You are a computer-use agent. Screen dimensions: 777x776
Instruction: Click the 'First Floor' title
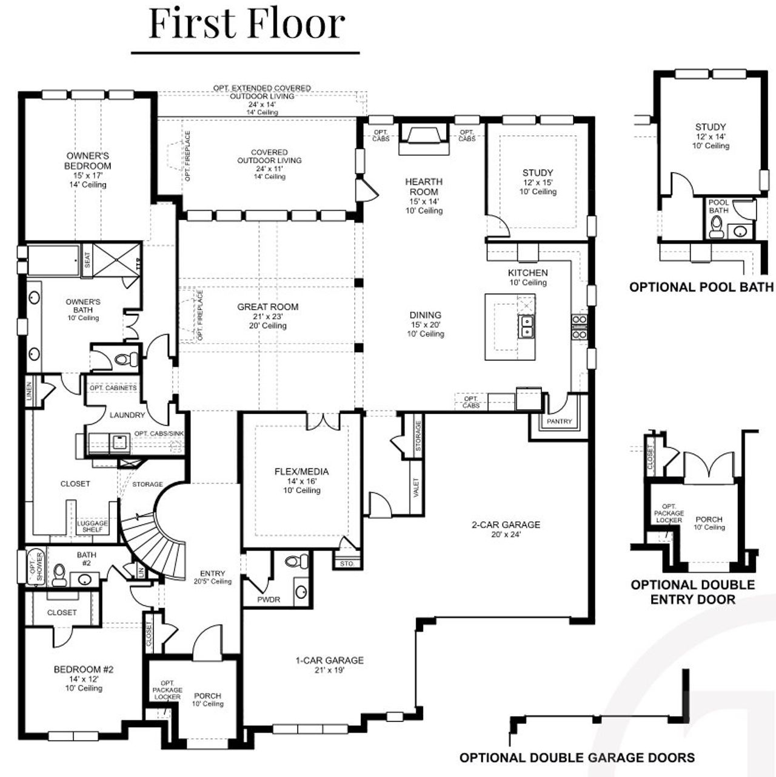point(247,24)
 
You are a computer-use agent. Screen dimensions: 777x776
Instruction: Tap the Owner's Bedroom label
point(88,161)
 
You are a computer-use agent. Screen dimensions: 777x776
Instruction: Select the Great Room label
point(267,307)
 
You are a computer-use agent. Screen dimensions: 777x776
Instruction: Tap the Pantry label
point(559,421)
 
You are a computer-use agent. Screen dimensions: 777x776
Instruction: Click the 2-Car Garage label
point(506,525)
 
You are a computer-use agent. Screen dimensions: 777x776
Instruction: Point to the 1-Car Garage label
point(329,660)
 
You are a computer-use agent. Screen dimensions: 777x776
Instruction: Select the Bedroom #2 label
point(84,670)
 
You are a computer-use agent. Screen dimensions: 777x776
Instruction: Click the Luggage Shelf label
point(92,526)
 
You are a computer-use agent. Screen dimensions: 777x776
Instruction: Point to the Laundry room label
point(127,415)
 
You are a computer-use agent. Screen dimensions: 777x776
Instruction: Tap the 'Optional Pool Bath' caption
point(701,287)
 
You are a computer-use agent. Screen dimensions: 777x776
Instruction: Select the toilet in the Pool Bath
point(717,227)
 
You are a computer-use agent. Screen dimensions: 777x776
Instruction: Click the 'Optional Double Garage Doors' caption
point(577,758)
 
